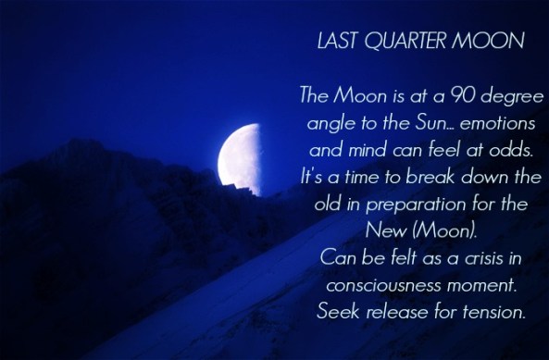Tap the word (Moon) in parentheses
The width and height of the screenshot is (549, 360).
click(439, 228)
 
